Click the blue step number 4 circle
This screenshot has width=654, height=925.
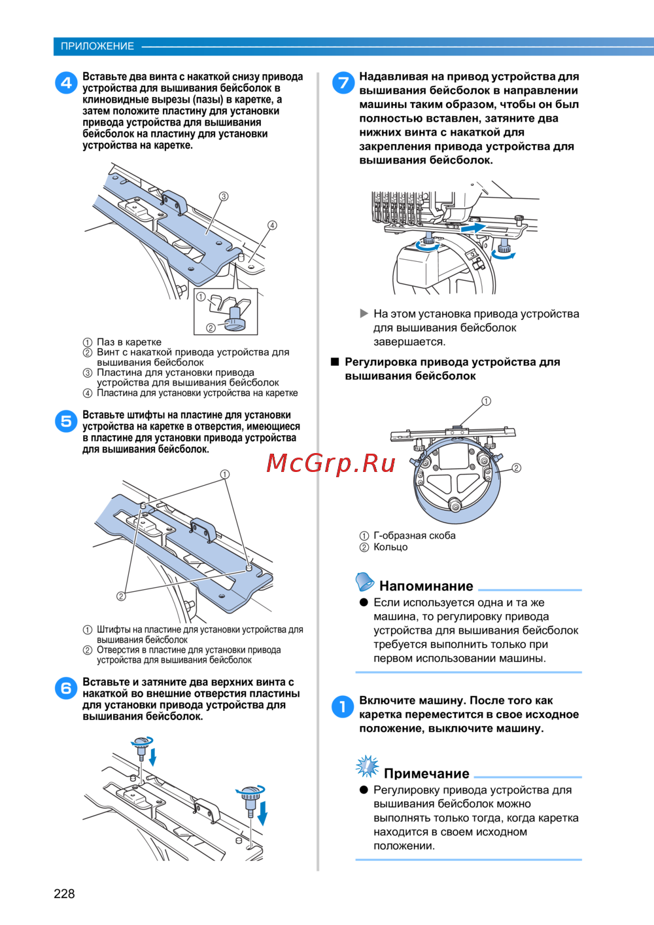(x=66, y=83)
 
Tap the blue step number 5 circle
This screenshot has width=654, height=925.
(x=66, y=421)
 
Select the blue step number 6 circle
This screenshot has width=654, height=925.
(x=66, y=689)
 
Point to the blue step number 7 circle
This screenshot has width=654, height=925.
(x=343, y=82)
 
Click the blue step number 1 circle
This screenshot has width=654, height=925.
(x=343, y=706)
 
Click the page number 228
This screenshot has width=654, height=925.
(x=64, y=894)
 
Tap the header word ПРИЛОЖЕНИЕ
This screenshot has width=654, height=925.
(x=97, y=46)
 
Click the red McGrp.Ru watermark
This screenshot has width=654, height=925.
(x=331, y=463)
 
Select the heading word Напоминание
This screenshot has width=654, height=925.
(x=426, y=585)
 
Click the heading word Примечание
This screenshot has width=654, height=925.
(x=426, y=773)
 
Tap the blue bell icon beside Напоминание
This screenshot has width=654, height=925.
(x=364, y=582)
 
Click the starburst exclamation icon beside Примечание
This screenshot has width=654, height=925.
(x=368, y=767)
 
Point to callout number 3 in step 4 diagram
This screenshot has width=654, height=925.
(x=223, y=196)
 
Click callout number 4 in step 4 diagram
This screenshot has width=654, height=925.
(x=272, y=225)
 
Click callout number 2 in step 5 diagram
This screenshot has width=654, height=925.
(x=121, y=596)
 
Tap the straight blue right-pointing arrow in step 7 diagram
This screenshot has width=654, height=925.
(x=473, y=228)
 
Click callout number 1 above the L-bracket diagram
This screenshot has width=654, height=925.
(x=487, y=401)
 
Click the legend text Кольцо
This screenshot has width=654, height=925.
(x=390, y=547)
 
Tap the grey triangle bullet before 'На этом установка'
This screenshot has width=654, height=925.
(x=364, y=314)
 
